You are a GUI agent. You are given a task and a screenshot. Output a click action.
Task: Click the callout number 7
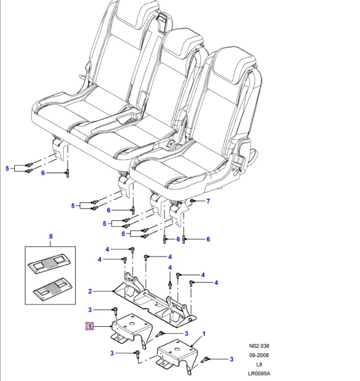coord(208,201)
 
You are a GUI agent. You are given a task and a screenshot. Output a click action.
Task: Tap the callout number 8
coord(50,237)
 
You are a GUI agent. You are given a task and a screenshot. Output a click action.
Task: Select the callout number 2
coord(90,291)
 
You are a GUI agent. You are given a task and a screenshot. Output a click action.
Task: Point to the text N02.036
coord(259,346)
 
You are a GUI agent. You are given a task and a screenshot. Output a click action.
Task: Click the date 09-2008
coord(259,355)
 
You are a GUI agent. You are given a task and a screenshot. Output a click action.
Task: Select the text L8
coord(259,364)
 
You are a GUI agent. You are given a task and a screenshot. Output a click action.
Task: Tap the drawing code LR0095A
coord(259,373)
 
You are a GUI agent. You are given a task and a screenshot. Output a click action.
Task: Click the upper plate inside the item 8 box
coord(51,263)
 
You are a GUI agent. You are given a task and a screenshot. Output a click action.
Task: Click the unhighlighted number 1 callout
coord(203,334)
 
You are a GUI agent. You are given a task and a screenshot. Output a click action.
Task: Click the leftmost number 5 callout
coord(7,168)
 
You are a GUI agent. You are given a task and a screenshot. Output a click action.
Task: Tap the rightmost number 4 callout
coord(216,282)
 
